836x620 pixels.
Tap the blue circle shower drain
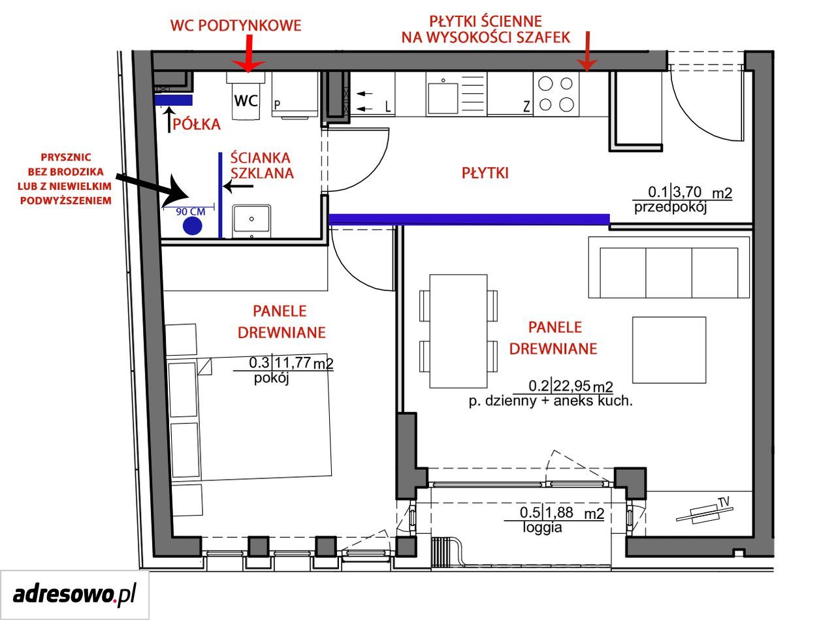(x=192, y=226)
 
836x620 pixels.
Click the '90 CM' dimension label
(x=190, y=211)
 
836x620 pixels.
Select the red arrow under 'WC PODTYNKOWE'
(x=248, y=53)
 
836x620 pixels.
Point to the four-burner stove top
(x=556, y=94)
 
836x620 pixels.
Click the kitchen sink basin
(x=443, y=99)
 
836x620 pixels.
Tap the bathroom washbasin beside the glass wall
(x=251, y=221)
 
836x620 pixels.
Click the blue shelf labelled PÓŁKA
(x=174, y=101)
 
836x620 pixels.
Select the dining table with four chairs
(x=458, y=331)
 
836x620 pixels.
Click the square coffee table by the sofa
(x=669, y=350)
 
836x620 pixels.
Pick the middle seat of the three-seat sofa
(x=669, y=273)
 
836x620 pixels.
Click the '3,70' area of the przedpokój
(x=686, y=192)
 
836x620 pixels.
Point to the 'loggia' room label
(x=542, y=527)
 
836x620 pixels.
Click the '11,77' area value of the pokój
(x=292, y=362)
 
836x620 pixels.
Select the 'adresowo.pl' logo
(x=74, y=595)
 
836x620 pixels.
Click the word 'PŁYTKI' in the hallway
(x=485, y=173)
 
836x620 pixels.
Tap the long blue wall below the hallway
(x=469, y=219)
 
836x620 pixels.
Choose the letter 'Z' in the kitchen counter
(x=526, y=106)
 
